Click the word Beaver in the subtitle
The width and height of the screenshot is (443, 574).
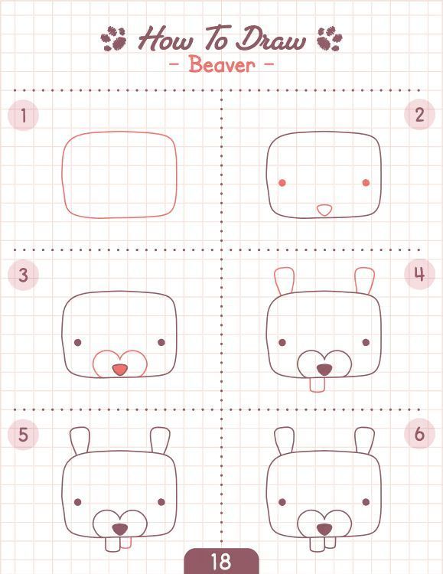(222, 65)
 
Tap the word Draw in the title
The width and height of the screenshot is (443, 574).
(270, 38)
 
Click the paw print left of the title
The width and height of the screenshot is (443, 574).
(113, 38)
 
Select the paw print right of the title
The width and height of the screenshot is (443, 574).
(330, 38)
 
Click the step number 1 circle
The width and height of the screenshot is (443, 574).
(23, 116)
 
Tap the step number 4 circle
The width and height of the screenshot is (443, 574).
(419, 274)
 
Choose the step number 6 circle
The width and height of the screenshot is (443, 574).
(419, 434)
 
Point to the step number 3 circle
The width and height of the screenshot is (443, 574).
(23, 275)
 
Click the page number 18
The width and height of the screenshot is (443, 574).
(221, 561)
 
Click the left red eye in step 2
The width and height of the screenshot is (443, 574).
(282, 183)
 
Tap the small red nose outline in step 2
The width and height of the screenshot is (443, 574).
(324, 210)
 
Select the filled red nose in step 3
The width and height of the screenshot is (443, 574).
(119, 370)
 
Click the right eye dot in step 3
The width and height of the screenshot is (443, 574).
(161, 342)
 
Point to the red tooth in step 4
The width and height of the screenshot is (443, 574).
(317, 385)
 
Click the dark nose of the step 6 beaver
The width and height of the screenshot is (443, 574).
(324, 530)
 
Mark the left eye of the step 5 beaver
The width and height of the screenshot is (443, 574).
(77, 502)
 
